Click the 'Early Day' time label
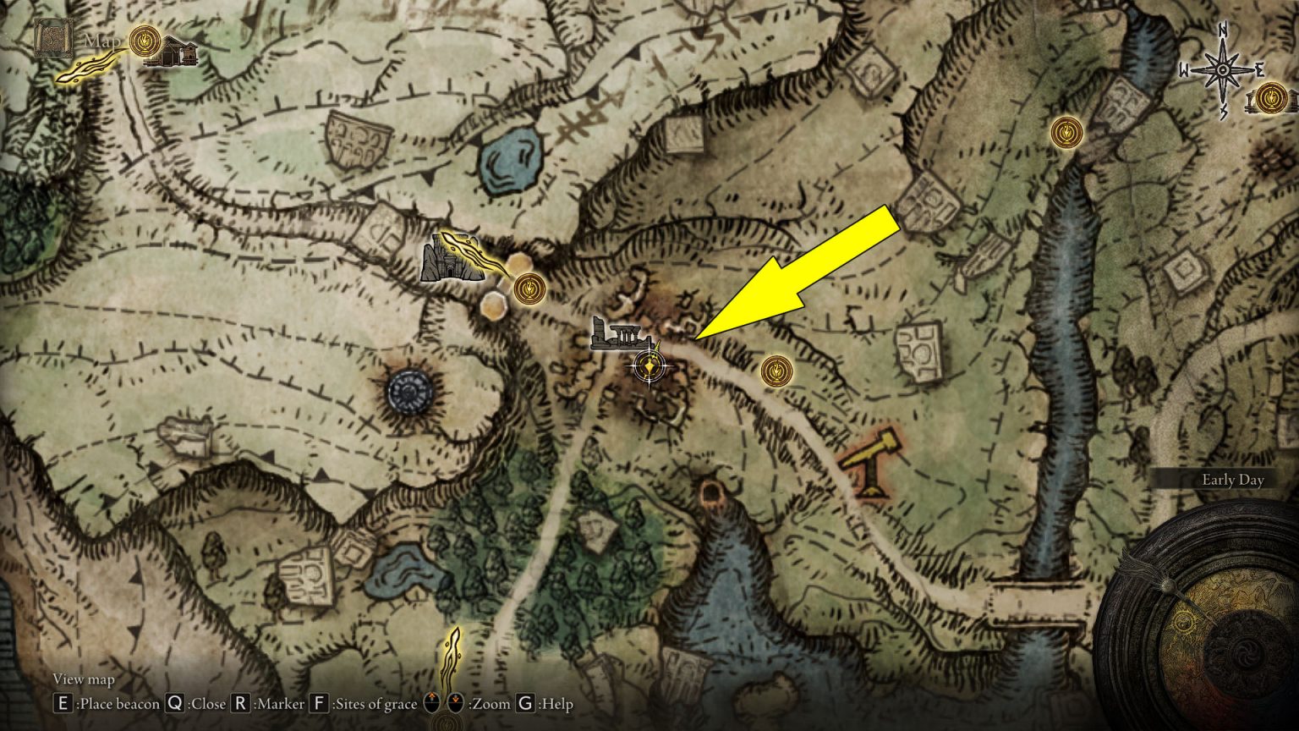1232,480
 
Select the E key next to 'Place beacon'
63,703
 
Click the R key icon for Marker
240,703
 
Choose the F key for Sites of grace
319,703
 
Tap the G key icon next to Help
525,703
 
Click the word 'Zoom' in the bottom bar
491,703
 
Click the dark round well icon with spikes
410,391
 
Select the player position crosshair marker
649,367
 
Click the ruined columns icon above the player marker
618,334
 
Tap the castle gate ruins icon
445,259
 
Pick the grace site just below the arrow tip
776,371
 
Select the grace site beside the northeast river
1066,132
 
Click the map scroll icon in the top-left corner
52,40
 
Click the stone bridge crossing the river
1038,602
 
